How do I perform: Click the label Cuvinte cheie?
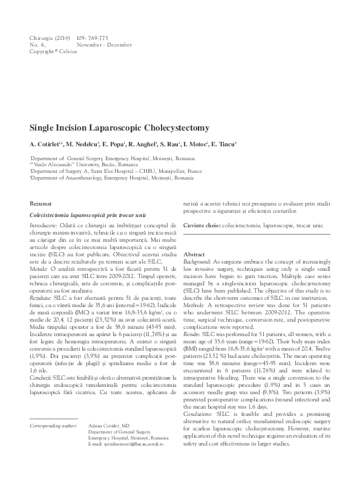pyautogui.click(x=201, y=225)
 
